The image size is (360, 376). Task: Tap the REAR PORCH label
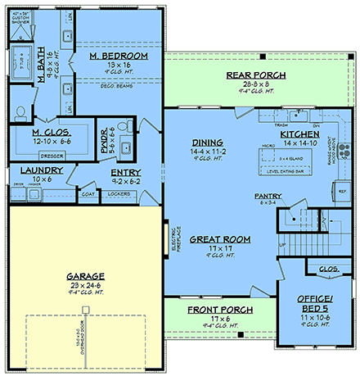tap(255, 75)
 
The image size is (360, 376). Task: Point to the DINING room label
tap(201, 141)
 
